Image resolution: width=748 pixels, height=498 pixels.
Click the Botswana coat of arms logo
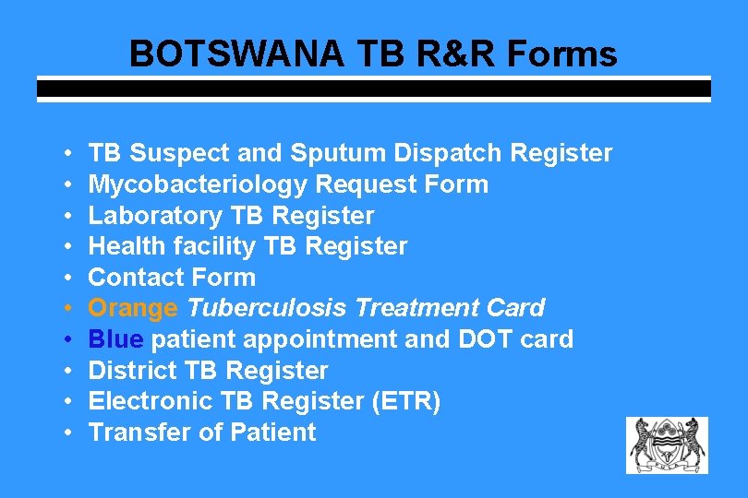coord(667,445)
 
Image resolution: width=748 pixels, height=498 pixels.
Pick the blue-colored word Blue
coord(116,339)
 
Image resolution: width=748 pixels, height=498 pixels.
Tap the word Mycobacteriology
coord(198,184)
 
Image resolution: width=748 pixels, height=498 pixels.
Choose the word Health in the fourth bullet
coord(127,246)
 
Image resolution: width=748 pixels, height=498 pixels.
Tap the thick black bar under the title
coord(374,89)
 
